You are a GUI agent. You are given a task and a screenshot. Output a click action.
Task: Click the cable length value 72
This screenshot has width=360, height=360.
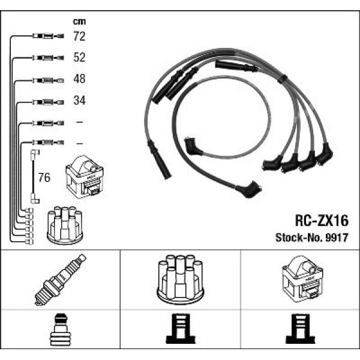tap(79, 37)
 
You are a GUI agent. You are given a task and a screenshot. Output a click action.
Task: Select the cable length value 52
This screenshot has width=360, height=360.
tap(79, 58)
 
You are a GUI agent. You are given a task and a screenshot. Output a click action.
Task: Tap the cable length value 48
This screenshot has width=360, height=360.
tap(79, 79)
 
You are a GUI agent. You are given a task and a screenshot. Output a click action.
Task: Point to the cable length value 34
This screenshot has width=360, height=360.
tap(79, 101)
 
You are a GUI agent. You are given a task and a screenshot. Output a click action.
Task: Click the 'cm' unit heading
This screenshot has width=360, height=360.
tap(79, 22)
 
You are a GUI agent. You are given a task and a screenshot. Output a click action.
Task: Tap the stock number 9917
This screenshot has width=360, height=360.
tap(337, 236)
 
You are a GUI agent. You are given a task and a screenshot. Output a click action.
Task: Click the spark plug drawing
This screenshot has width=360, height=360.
tap(60, 280)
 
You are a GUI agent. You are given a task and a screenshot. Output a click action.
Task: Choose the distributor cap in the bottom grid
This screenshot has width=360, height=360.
tap(179, 280)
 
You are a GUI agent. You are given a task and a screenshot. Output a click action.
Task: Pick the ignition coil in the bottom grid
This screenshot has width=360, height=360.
tap(301, 280)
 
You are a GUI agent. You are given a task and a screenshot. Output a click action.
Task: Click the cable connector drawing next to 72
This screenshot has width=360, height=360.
tap(46, 37)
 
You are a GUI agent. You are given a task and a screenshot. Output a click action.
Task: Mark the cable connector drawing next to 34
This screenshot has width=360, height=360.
tap(46, 101)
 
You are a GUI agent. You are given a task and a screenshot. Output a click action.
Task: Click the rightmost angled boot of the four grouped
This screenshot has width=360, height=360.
tap(325, 155)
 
